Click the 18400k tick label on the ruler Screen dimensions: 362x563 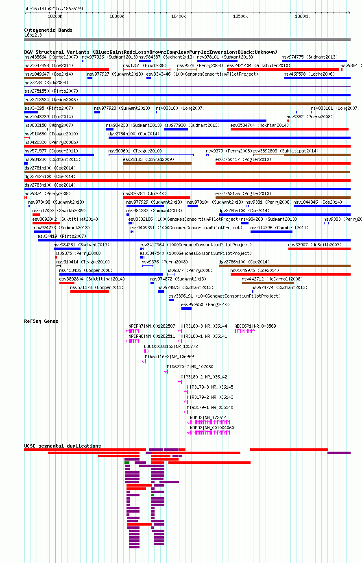pyautogui.click(x=179, y=16)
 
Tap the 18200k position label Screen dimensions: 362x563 pyautogui.click(x=55, y=16)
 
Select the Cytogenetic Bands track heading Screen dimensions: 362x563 pyautogui.click(x=48, y=30)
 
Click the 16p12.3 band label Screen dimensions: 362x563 pyautogui.click(x=33, y=35)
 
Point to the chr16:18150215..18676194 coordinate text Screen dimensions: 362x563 pyautogui.click(x=54, y=9)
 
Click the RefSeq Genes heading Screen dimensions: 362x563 pyautogui.click(x=41, y=321)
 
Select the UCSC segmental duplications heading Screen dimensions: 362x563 pyautogui.click(x=62, y=446)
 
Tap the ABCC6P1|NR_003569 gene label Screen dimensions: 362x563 pyautogui.click(x=255, y=326)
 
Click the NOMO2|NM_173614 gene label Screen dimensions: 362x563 pyautogui.click(x=208, y=417)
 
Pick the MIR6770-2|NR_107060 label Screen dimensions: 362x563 pyautogui.click(x=190, y=367)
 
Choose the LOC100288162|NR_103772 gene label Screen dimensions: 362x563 pyautogui.click(x=171, y=346)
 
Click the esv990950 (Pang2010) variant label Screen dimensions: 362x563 pyautogui.click(x=205, y=304)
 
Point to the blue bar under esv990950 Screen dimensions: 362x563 pyautogui.click(x=186, y=309)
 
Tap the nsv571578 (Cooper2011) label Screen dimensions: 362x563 pyautogui.click(x=97, y=287)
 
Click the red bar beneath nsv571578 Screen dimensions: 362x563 pyautogui.click(x=89, y=291)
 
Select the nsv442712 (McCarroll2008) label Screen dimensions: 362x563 pyautogui.click(x=272, y=279)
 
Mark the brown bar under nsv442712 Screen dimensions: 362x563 pyautogui.click(x=268, y=283)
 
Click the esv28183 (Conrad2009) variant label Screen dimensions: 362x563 pyautogui.click(x=148, y=159)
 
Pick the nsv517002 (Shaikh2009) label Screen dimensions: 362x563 pyautogui.click(x=59, y=211)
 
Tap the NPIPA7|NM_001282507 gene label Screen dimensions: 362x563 pyautogui.click(x=152, y=326)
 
